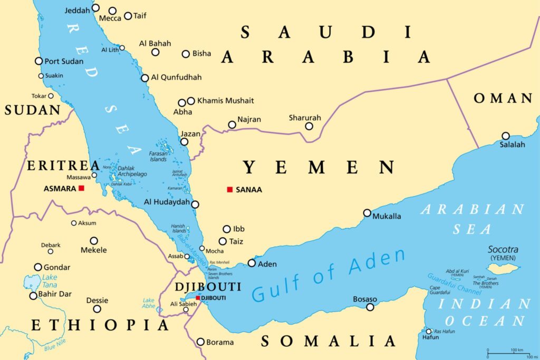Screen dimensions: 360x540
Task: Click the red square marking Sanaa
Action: [229, 189]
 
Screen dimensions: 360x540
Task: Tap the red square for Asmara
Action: [81, 188]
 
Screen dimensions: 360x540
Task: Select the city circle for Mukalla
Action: [367, 213]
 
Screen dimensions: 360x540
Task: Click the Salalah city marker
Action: [505, 135]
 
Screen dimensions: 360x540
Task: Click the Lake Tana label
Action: [50, 281]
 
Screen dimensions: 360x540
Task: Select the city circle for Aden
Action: [252, 263]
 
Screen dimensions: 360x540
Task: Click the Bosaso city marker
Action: [370, 307]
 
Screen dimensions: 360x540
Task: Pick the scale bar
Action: [512, 352]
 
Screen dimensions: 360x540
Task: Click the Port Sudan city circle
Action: [38, 61]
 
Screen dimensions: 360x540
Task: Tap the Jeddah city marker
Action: [95, 8]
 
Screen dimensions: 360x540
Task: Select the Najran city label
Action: [249, 120]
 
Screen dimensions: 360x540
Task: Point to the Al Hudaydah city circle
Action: [195, 205]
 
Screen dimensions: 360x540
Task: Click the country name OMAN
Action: [503, 98]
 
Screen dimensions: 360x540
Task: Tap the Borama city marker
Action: [200, 342]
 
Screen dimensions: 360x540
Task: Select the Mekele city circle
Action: [94, 240]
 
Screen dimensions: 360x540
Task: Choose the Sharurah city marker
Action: [309, 126]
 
